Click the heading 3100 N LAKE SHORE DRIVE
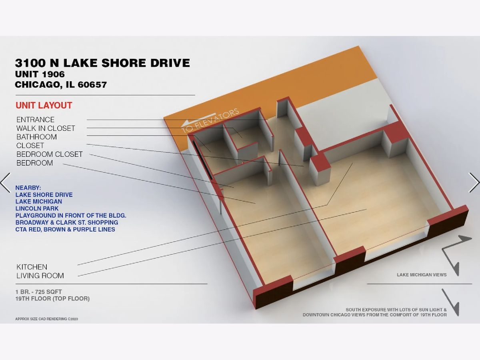point(102,63)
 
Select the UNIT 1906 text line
point(40,74)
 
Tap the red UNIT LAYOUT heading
point(44,105)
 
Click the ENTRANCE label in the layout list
point(36,120)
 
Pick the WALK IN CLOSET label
point(46,128)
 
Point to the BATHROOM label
point(36,137)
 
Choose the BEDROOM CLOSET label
point(50,154)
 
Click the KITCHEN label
point(32,267)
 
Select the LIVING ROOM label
point(40,276)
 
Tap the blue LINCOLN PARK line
point(37,208)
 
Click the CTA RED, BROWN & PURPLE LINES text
point(65,230)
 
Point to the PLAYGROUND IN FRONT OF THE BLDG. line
point(71,216)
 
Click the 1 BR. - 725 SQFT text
point(38,292)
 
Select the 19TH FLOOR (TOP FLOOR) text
point(52,298)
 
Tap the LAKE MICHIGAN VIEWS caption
point(422,275)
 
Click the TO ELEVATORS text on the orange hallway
point(210,121)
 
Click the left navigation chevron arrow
point(5,182)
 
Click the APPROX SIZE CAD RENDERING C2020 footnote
point(46,319)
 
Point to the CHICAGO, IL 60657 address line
point(61,84)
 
